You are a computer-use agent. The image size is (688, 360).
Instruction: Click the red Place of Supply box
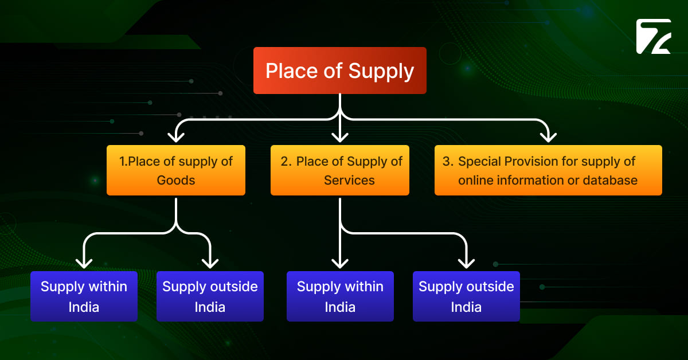coord(340,71)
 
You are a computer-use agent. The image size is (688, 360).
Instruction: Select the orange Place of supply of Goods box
coord(176,170)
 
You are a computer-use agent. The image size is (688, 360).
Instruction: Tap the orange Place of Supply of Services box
coord(340,170)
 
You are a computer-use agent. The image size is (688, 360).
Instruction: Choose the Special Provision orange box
coord(548,170)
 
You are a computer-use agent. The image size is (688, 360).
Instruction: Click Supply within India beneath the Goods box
coord(84,296)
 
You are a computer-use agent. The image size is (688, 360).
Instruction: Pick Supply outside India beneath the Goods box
coord(210,296)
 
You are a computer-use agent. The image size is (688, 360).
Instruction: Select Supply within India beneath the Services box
coord(340,296)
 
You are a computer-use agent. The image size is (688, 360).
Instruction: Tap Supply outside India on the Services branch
coord(466,296)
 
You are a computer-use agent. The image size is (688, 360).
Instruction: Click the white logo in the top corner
coord(654,37)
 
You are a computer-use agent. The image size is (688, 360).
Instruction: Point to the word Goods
coord(176,180)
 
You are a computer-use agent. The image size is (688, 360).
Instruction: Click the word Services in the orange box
coord(349,180)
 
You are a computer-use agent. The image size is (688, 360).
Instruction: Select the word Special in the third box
coord(479,162)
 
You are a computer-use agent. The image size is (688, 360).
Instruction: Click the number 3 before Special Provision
coord(446,162)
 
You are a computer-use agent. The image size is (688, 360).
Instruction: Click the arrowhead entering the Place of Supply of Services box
coord(340,136)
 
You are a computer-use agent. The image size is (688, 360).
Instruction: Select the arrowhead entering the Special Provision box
coord(549,136)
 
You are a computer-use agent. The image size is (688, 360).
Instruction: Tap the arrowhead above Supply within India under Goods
coord(84,263)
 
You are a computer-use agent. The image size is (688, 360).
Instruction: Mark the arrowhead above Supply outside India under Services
coord(466,263)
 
